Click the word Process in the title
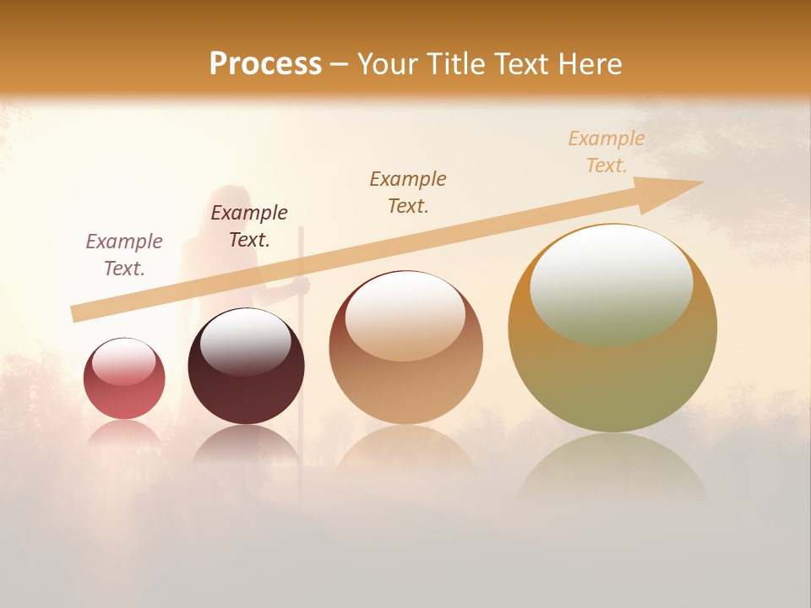coord(265,64)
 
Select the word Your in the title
coord(385,64)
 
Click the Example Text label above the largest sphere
coord(607,152)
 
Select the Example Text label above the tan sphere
coord(408,192)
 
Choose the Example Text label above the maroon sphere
coord(249,225)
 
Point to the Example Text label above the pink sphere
coord(124,254)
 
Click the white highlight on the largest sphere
coord(611,283)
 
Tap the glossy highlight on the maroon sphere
coord(245,340)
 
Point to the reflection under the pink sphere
coord(124,434)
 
